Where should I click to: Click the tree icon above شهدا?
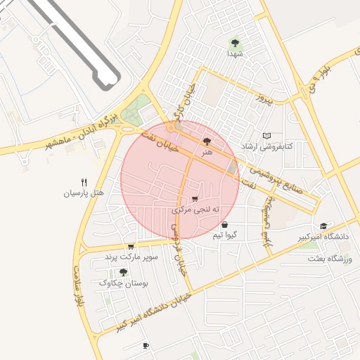(x=234, y=43)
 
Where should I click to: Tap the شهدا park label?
(x=234, y=53)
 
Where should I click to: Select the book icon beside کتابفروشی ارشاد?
(x=266, y=135)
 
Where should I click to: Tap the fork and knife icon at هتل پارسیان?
(x=84, y=181)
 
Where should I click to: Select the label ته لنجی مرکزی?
(x=195, y=210)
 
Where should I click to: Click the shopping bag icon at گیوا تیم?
(x=224, y=225)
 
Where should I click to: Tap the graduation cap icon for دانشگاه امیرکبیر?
(x=323, y=226)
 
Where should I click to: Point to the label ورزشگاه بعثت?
(x=328, y=259)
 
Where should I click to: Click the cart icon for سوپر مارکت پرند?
(x=131, y=247)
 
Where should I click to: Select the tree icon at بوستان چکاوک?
(x=124, y=272)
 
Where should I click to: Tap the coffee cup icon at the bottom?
(x=146, y=345)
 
